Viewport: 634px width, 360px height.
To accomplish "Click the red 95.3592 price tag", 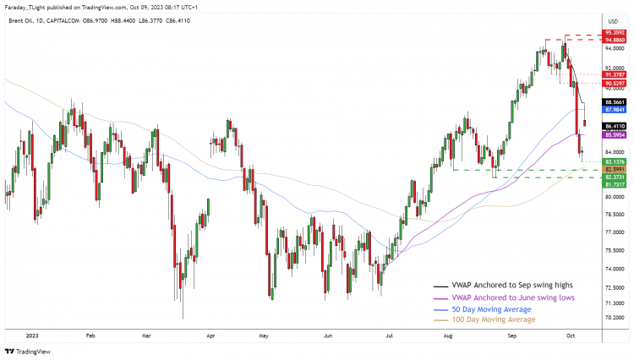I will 615,32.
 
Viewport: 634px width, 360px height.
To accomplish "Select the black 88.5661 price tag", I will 615,101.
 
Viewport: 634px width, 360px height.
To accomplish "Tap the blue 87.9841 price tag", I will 615,110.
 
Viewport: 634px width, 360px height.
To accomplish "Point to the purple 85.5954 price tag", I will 615,134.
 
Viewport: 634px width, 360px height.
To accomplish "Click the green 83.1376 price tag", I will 615,161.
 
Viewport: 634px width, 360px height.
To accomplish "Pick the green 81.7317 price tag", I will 615,185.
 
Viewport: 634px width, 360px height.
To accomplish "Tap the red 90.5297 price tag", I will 615,84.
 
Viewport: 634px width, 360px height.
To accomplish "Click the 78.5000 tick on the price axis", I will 614,215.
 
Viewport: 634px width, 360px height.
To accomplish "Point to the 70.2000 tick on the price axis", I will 614,319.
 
